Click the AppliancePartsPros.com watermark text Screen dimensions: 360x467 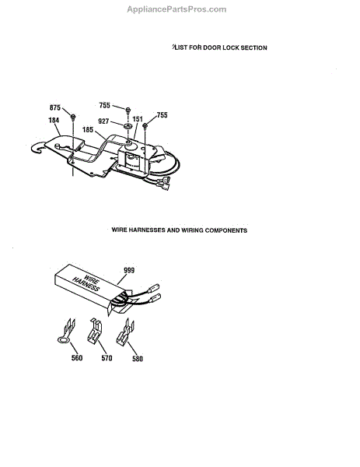coord(177,9)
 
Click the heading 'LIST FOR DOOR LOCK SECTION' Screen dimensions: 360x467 coord(220,47)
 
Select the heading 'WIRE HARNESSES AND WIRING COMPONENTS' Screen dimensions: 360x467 coord(179,230)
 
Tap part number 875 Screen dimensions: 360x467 coord(55,107)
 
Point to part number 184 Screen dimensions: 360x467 coord(54,120)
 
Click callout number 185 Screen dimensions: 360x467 coord(88,130)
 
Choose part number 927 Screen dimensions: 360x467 coord(103,121)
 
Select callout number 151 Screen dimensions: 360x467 coord(138,119)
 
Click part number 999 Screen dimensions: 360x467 coord(129,270)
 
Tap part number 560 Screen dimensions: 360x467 coord(77,358)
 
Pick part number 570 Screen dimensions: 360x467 coord(107,358)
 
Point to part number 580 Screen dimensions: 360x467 coord(138,359)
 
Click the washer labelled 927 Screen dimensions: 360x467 coord(128,125)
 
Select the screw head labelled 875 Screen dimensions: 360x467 coord(73,116)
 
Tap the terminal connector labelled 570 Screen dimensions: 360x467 coord(95,331)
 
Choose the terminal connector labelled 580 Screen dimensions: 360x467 coord(125,332)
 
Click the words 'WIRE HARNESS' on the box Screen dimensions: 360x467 coord(86,283)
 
